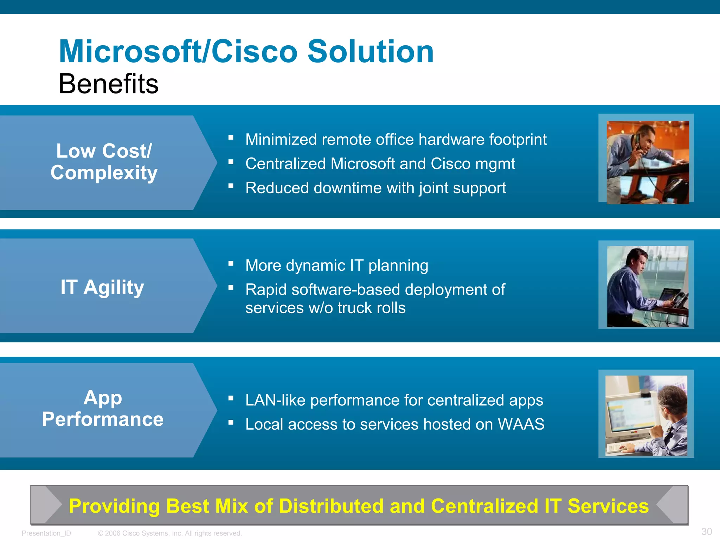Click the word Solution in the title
click(x=371, y=52)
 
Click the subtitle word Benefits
click(x=108, y=84)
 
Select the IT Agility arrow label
click(x=102, y=287)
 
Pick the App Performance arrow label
click(x=103, y=409)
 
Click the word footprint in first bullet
click(x=518, y=140)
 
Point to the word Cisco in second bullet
click(x=450, y=164)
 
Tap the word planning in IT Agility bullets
click(x=398, y=266)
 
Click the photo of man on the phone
click(x=647, y=162)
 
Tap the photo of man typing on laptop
click(x=647, y=286)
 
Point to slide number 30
click(x=706, y=532)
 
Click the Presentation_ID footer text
click(x=46, y=533)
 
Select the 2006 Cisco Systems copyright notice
click(x=170, y=533)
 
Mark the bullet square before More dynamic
click(x=231, y=263)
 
